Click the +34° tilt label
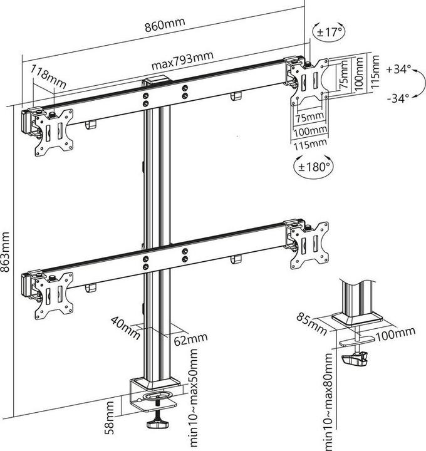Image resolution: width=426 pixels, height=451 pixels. [x=399, y=70]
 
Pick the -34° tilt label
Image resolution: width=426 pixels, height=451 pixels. [x=399, y=98]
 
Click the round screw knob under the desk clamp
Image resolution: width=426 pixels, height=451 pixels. [x=155, y=425]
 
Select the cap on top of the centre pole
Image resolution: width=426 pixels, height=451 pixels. [x=156, y=81]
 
